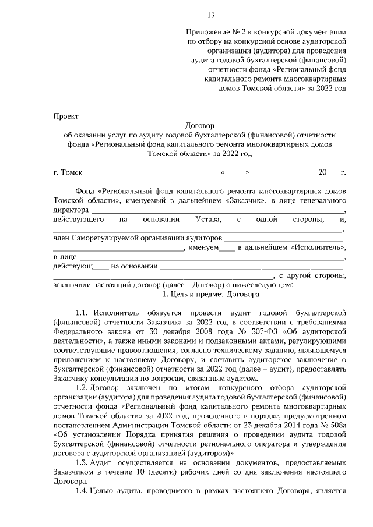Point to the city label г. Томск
(68, 172)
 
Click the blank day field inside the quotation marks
(235, 172)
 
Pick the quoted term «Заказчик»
(240, 200)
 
